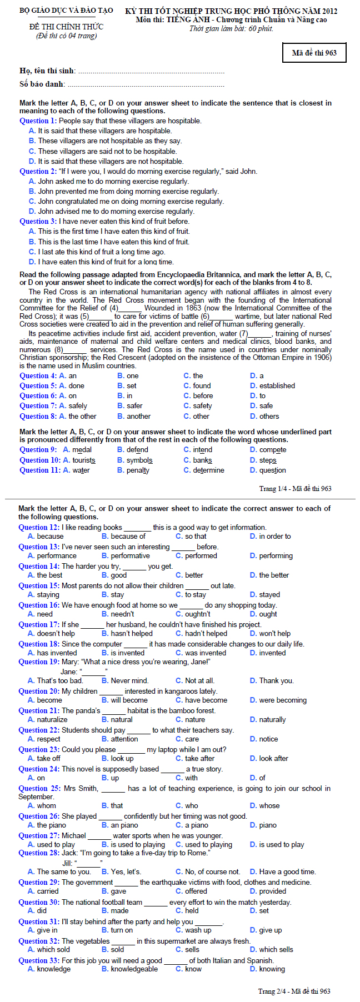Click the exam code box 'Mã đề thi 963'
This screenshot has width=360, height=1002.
pos(314,53)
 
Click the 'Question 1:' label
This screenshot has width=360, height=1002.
pos(38,121)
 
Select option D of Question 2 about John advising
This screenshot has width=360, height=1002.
pos(116,211)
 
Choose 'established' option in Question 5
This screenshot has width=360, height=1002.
pos(277,385)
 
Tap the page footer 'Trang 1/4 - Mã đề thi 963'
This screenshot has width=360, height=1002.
pos(295,489)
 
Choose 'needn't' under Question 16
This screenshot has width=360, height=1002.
pos(122,614)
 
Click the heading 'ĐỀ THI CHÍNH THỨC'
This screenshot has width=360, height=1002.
pos(66,26)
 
